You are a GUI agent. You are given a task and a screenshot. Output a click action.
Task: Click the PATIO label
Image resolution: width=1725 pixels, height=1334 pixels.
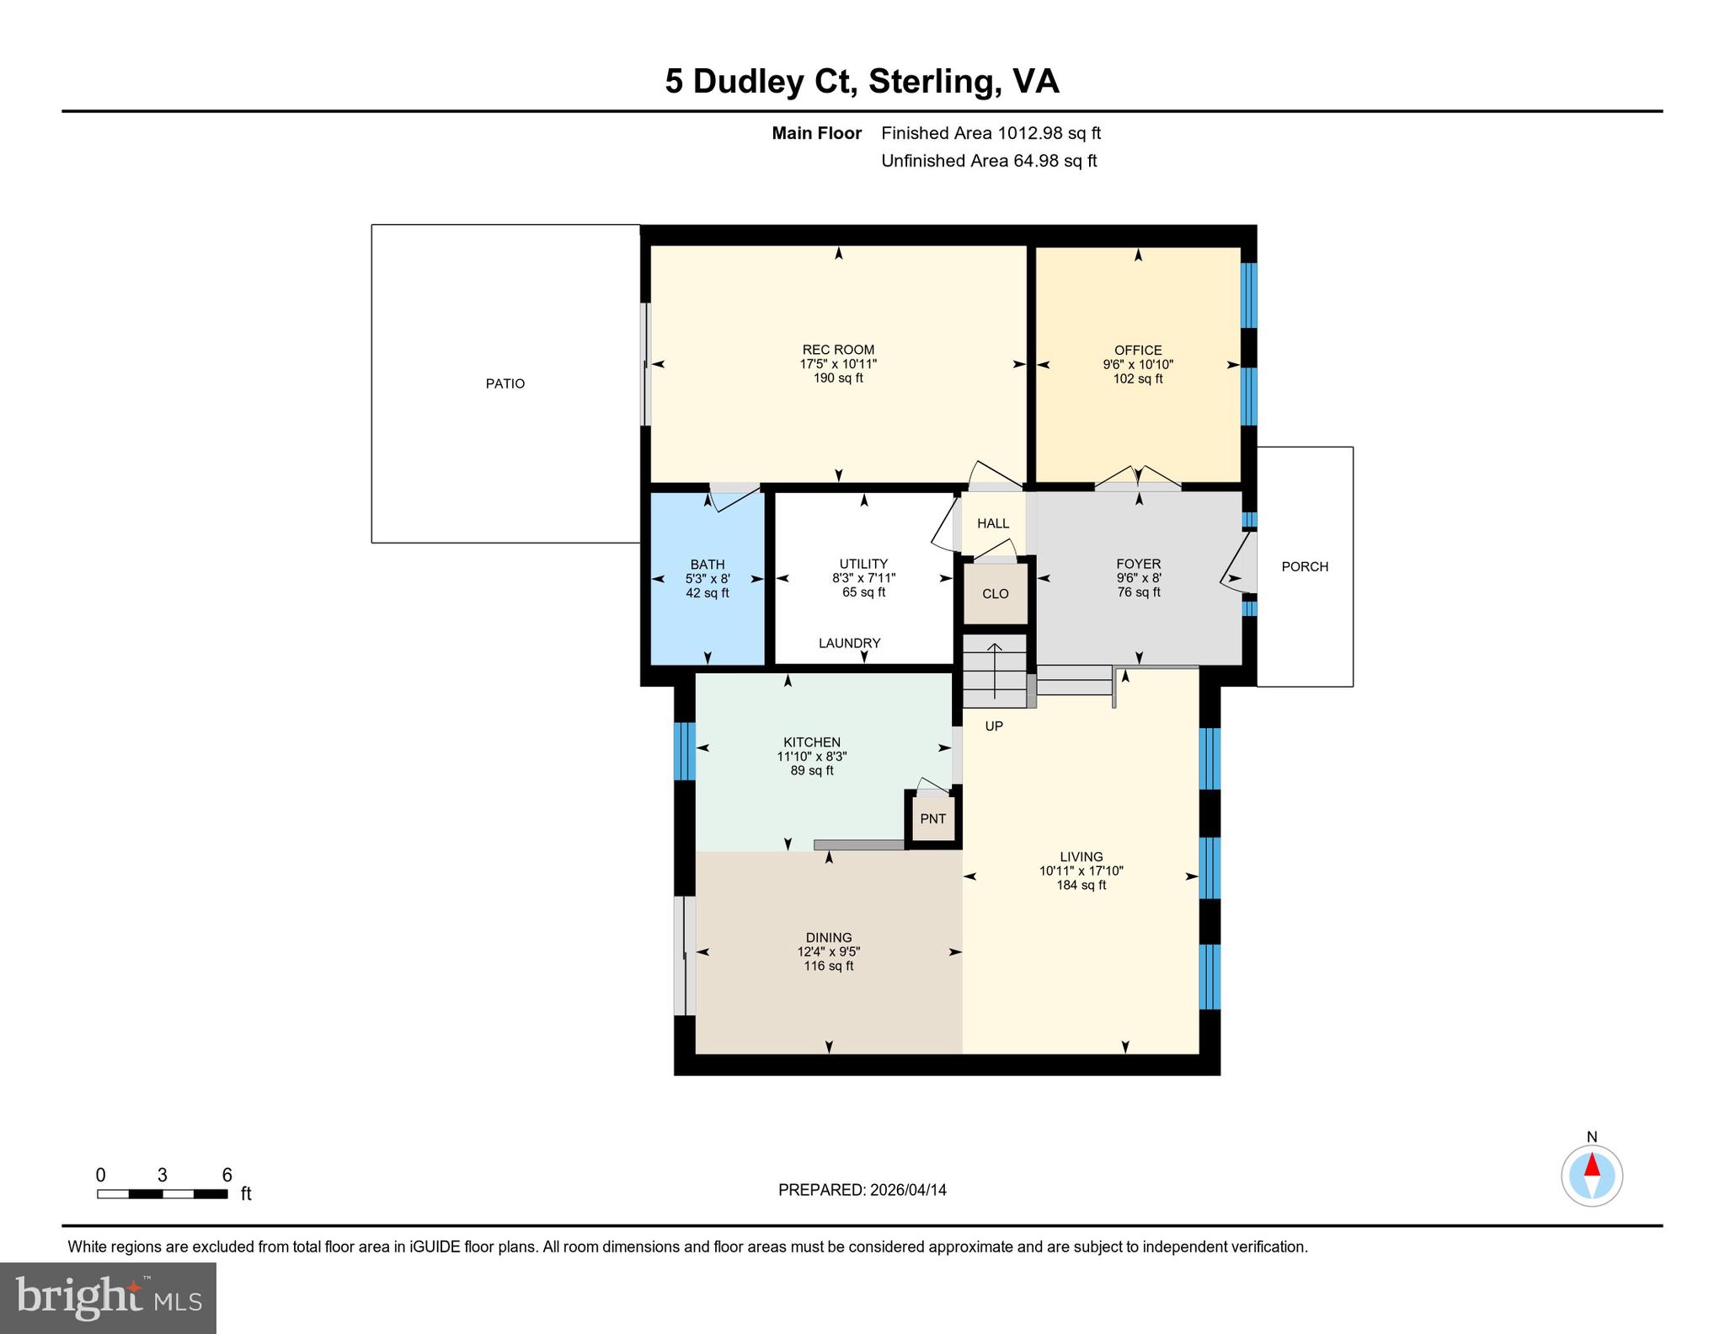point(505,383)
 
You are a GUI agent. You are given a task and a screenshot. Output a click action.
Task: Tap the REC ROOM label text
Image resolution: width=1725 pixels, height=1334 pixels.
point(838,350)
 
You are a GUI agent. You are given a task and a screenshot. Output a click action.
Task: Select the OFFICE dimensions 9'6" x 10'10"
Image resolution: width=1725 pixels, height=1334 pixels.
point(1138,365)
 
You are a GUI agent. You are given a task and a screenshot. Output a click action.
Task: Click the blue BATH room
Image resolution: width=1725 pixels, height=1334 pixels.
point(708,578)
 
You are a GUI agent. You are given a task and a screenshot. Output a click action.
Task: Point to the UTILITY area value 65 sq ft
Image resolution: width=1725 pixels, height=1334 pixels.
point(864,592)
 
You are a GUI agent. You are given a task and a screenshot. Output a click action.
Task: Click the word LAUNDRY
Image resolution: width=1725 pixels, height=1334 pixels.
point(850,643)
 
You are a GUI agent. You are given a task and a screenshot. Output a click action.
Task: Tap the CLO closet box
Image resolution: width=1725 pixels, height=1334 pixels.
point(996,593)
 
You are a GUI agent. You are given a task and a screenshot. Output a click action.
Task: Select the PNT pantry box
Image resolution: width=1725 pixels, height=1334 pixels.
point(932,818)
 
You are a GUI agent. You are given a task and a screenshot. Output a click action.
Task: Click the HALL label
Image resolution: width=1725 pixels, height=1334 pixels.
point(993,523)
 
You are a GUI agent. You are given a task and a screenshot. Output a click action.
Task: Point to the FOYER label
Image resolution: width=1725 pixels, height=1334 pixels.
point(1139,564)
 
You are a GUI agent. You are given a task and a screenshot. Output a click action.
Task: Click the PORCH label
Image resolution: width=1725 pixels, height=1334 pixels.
point(1305,566)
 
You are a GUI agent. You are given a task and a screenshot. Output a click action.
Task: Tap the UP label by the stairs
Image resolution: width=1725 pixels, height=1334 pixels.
point(994,726)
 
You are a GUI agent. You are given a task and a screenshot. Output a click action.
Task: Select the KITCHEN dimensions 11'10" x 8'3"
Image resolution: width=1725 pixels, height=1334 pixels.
point(812,757)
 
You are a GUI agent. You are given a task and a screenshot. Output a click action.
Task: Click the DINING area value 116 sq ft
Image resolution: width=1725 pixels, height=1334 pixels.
point(829,966)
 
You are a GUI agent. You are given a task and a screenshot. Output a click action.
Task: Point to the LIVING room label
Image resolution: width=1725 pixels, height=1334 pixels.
point(1081,857)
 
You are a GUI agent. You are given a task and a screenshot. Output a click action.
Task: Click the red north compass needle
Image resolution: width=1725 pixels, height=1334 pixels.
point(1592,1165)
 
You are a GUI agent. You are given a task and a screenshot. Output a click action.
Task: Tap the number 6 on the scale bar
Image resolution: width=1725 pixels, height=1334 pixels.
point(227,1175)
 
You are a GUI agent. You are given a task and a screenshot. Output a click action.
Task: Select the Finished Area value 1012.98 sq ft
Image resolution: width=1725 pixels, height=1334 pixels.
point(1049,133)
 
